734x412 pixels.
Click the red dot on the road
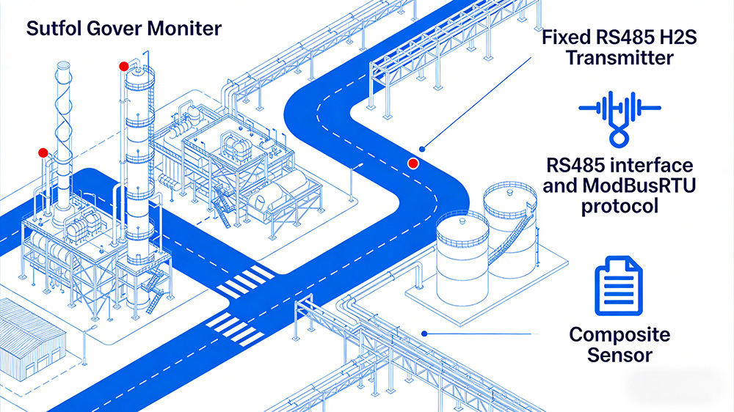pos(413,163)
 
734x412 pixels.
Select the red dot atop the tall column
pos(123,66)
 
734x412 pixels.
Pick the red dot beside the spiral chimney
pos(43,152)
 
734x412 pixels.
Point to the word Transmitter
pos(619,57)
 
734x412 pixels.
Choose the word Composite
pos(619,335)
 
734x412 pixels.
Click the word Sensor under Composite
pos(619,356)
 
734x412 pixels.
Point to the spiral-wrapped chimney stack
pos(62,132)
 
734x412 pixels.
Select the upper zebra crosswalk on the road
pos(246,282)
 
